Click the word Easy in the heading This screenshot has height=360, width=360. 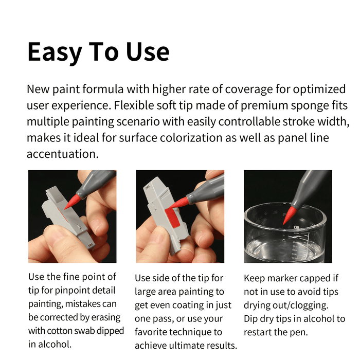point(55,52)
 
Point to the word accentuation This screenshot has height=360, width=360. point(61,154)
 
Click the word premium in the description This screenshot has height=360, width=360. point(255,105)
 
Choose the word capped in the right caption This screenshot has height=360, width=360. point(319,278)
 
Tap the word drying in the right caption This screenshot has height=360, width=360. point(257,305)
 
